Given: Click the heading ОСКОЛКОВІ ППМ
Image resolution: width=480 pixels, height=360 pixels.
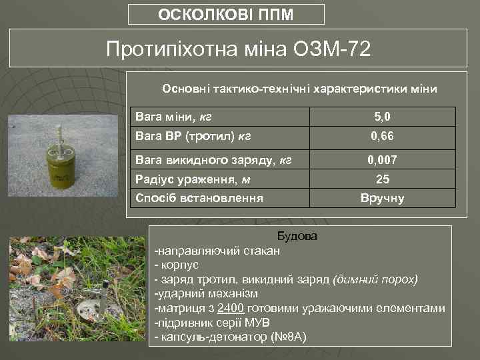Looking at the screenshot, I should click(x=225, y=15).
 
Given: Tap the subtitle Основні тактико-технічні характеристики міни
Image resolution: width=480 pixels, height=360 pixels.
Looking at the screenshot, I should click(x=300, y=89).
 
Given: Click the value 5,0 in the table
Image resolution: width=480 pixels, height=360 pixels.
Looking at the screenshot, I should click(x=382, y=117).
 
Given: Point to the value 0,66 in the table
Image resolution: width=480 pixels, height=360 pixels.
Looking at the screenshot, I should click(x=382, y=137).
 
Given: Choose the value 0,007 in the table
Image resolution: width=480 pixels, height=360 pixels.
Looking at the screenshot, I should click(x=382, y=160).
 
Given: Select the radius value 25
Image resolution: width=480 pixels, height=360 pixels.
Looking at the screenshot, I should click(x=382, y=179).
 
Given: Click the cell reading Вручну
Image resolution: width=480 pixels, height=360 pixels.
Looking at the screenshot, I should click(x=382, y=198).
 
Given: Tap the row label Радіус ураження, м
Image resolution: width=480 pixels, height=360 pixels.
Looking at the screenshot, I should click(x=188, y=179).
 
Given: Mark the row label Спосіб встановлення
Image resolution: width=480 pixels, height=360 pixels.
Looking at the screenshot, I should click(x=199, y=198).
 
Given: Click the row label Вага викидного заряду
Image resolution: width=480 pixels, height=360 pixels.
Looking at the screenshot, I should click(x=213, y=160).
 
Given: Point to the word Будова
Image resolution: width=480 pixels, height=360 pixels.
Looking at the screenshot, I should click(x=297, y=237).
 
